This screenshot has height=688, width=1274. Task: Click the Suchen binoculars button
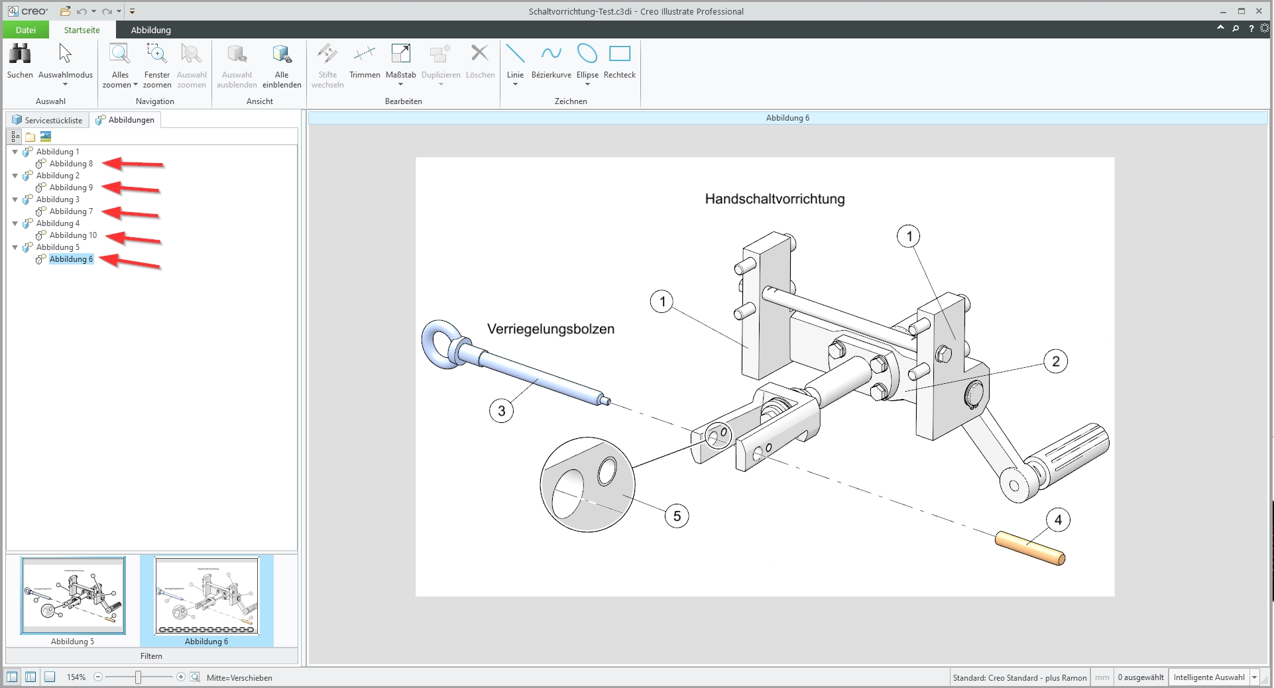[20, 61]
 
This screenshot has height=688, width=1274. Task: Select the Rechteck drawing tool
[619, 61]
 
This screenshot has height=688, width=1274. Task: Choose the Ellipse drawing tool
[587, 61]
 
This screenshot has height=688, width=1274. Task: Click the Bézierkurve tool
[551, 61]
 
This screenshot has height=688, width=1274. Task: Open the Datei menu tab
[26, 30]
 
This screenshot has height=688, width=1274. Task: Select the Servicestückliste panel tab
[48, 120]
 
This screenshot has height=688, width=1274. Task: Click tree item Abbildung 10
[73, 235]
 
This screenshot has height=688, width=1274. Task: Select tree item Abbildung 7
[71, 211]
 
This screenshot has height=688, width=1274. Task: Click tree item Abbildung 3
[58, 200]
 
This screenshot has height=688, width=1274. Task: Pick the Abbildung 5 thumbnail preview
[73, 595]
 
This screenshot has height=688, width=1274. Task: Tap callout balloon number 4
[1058, 520]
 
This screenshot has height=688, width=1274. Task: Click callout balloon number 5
[677, 516]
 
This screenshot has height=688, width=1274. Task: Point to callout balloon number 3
[501, 411]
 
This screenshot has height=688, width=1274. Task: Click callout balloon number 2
[1055, 362]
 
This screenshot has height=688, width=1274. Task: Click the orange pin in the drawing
[1029, 548]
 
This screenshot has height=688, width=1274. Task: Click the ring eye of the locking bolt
[440, 344]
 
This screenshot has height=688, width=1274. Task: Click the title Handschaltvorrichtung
[774, 199]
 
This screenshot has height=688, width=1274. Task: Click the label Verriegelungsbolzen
[550, 329]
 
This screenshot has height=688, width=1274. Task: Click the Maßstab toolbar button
[400, 61]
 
